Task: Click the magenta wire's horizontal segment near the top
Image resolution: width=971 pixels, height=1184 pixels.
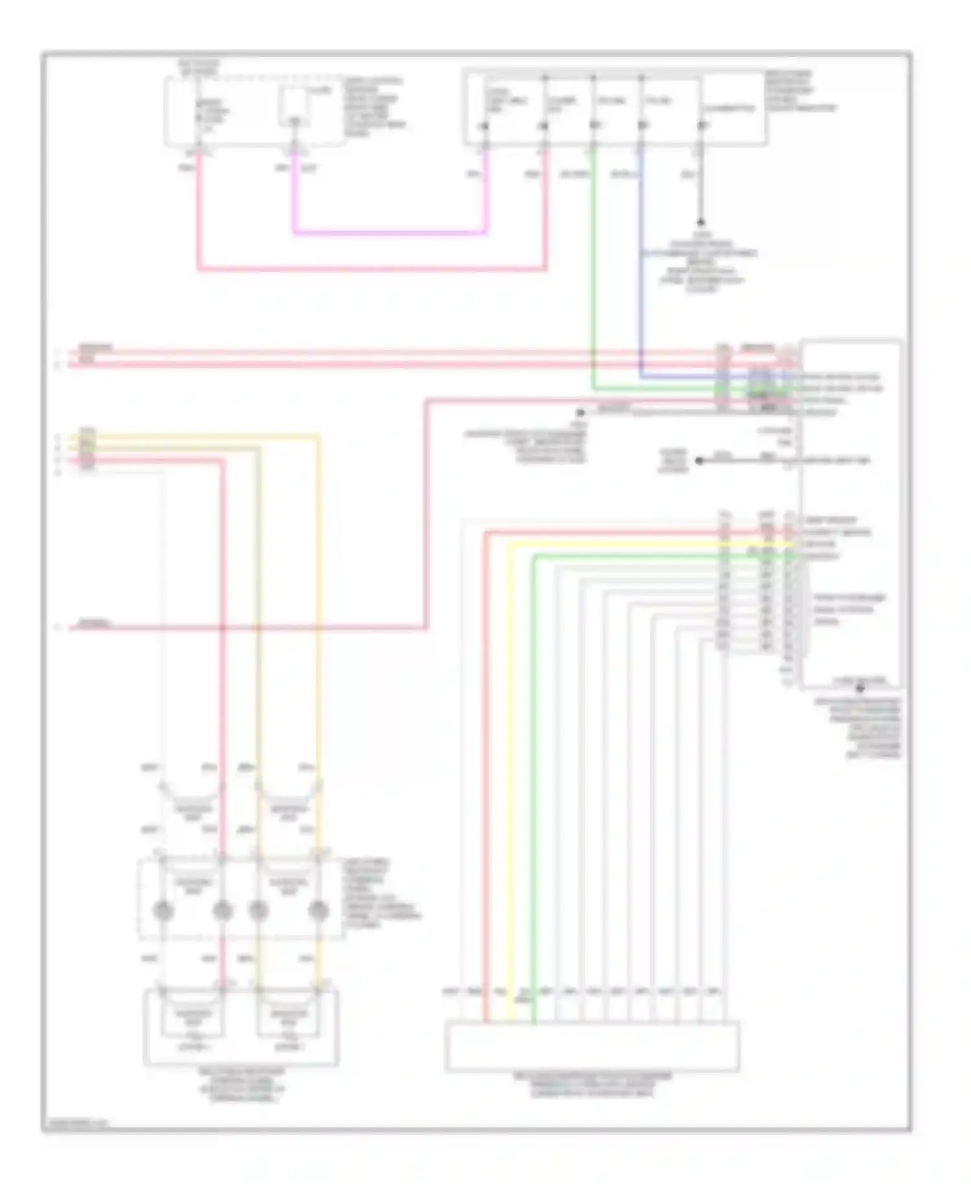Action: click(x=388, y=232)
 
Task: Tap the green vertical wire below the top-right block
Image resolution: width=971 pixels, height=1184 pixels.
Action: click(x=593, y=272)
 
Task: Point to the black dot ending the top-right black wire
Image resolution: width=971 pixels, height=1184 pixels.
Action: click(x=700, y=222)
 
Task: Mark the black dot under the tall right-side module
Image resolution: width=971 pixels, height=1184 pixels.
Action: click(x=860, y=689)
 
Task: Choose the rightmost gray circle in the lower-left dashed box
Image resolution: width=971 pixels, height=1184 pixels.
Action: click(x=317, y=911)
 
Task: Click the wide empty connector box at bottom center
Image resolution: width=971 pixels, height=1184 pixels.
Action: click(x=592, y=1046)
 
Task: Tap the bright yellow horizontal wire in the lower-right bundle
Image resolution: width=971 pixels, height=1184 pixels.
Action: click(x=647, y=545)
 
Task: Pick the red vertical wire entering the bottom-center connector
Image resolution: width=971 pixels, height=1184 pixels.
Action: click(x=485, y=777)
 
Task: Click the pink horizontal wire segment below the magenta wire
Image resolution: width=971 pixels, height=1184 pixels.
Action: click(x=372, y=268)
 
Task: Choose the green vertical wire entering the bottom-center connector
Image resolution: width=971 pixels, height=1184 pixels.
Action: click(x=533, y=777)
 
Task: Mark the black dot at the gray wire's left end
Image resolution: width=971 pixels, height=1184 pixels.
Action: click(x=581, y=412)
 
